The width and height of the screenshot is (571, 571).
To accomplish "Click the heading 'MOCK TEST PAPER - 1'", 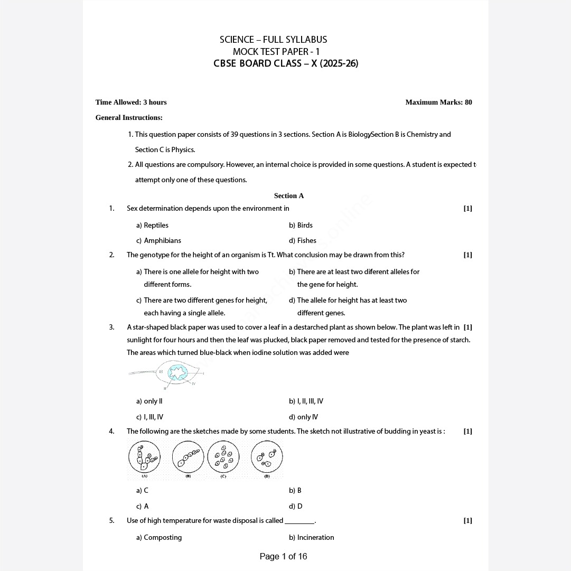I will (x=276, y=52).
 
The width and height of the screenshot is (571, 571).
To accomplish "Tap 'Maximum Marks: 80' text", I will (x=438, y=102).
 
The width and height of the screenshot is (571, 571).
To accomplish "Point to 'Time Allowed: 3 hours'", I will (x=131, y=102).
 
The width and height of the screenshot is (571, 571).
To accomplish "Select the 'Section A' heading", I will (x=289, y=196).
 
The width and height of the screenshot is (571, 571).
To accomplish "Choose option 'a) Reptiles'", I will (x=152, y=226).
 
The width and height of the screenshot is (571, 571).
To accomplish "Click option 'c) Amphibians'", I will (x=158, y=241).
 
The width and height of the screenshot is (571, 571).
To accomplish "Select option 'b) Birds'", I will (x=301, y=226).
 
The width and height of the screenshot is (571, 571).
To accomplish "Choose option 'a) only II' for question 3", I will (x=149, y=401).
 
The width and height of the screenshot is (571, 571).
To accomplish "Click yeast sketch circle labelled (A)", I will (x=144, y=457).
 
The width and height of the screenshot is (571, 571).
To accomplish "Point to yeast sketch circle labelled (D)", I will (x=267, y=457).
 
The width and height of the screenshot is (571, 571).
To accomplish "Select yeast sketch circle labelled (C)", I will (x=223, y=457).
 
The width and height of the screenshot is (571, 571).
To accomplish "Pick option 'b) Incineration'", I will (x=311, y=538).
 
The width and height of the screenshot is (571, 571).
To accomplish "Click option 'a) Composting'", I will (x=158, y=538).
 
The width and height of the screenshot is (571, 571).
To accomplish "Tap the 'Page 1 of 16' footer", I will (x=283, y=556).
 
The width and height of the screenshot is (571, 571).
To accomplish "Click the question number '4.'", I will (x=111, y=432).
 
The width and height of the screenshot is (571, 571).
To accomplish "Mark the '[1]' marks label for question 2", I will (x=467, y=255).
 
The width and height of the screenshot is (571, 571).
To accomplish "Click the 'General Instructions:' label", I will (x=129, y=118).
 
